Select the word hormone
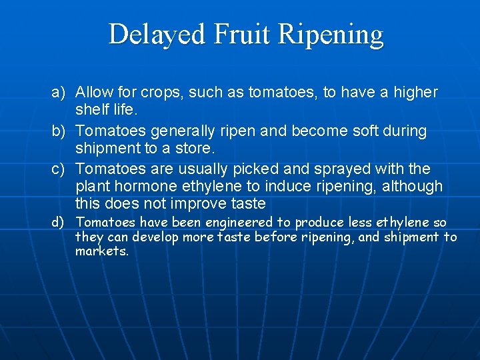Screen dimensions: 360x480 [148, 187]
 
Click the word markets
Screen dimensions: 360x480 [101, 252]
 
